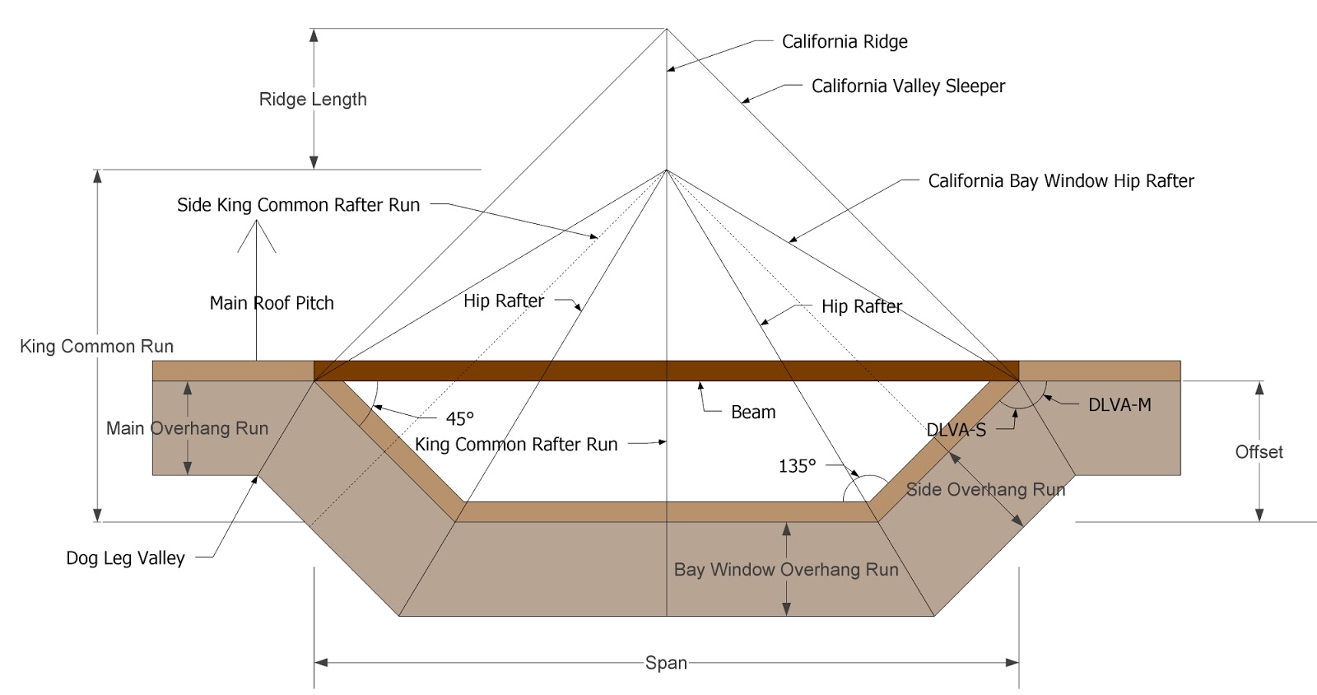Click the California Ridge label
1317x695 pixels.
pos(845,42)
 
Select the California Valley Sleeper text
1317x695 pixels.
pos(908,86)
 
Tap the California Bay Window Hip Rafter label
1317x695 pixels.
pos(1060,181)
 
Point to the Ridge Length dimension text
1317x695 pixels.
pos(313,100)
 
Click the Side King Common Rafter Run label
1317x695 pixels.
pos(298,205)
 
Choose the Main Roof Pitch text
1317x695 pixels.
pos(272,303)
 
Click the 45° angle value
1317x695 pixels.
pos(459,418)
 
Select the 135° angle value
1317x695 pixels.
pos(797,466)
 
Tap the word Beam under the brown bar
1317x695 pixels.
pos(753,413)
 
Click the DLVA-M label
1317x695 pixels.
pos(1119,405)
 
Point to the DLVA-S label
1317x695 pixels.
pos(956,430)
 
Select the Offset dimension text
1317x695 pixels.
pos(1259,452)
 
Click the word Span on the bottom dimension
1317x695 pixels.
pos(666,663)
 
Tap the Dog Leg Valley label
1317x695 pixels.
pos(125,558)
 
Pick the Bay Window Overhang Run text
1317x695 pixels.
pos(786,570)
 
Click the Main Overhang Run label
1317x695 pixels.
pos(187,428)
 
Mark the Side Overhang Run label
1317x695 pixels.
pos(985,490)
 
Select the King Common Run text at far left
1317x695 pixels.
pos(96,347)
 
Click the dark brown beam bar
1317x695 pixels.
pos(576,371)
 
